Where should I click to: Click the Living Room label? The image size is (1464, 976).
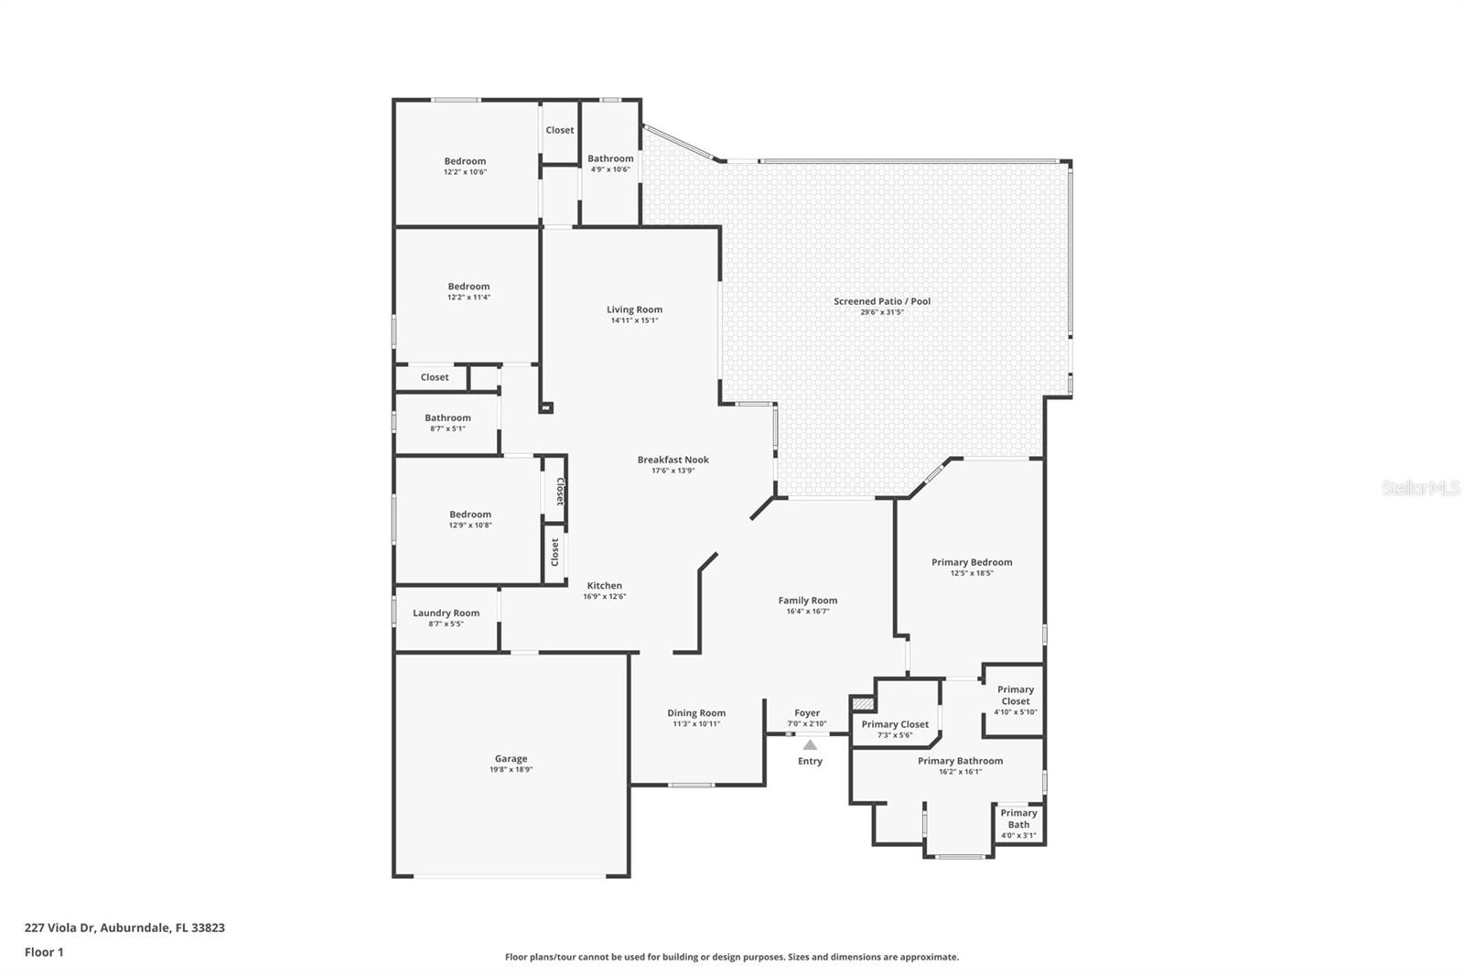(x=634, y=309)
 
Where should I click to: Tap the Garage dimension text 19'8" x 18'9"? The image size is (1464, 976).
(x=511, y=770)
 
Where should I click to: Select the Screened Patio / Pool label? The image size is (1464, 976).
(x=881, y=301)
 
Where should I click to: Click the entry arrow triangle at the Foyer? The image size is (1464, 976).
(x=810, y=745)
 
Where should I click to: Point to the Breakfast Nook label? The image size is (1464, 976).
(x=673, y=460)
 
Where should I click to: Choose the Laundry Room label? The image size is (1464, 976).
(x=446, y=613)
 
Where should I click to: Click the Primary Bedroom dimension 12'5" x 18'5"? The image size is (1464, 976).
(x=971, y=573)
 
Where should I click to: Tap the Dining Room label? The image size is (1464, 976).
(x=695, y=713)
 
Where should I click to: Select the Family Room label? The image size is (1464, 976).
(x=807, y=601)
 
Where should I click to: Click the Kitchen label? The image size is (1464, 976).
(x=604, y=586)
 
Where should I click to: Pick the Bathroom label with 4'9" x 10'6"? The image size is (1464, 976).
(x=610, y=158)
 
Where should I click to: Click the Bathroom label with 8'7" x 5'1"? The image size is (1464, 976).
(x=447, y=418)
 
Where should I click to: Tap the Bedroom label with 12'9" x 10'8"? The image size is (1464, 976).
(x=469, y=515)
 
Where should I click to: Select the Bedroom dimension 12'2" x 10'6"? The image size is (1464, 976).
(x=465, y=172)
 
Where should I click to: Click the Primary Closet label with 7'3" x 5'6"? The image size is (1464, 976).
(x=894, y=724)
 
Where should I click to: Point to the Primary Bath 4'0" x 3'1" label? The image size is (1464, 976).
(x=1018, y=819)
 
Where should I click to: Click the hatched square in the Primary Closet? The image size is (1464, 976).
(x=863, y=703)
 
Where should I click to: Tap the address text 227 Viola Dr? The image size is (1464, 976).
(x=124, y=927)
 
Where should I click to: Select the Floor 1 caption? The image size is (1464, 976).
(x=44, y=952)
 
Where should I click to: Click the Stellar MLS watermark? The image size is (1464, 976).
(x=1420, y=489)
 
